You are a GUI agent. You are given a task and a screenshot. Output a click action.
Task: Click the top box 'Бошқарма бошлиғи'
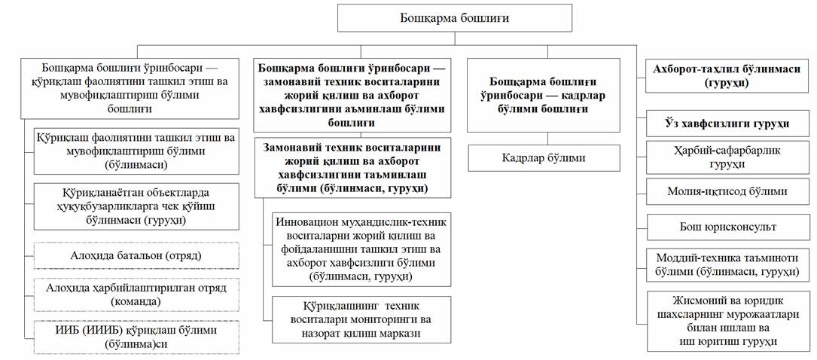click(x=455, y=18)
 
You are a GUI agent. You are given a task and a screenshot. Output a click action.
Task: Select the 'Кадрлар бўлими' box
click(x=544, y=158)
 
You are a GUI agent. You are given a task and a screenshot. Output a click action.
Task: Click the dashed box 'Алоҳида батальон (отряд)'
click(x=136, y=255)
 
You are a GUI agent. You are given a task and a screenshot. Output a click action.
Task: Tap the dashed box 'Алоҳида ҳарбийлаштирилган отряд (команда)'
click(x=136, y=294)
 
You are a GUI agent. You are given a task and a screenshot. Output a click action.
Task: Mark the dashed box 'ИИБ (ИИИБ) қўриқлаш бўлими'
click(x=136, y=337)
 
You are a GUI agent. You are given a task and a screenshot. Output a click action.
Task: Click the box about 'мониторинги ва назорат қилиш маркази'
click(x=361, y=319)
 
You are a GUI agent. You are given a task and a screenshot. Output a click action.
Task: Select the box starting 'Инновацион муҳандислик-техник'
click(x=361, y=249)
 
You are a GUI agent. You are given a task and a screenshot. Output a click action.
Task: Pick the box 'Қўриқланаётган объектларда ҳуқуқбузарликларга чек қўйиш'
click(x=136, y=206)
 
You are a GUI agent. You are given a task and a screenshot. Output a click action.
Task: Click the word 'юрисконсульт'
click(x=749, y=227)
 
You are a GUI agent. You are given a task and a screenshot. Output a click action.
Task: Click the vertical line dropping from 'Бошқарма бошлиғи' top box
click(x=455, y=39)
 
